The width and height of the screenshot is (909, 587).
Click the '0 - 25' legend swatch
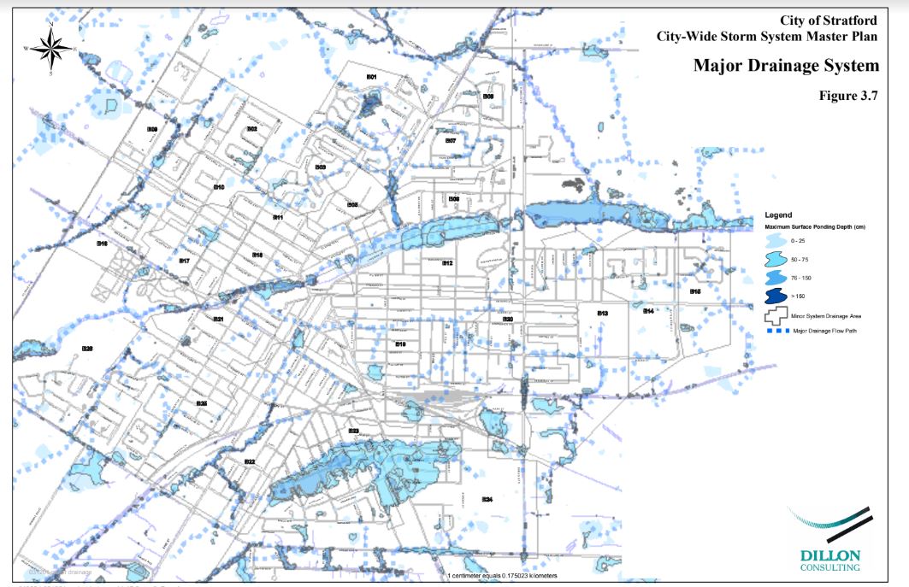[778, 242]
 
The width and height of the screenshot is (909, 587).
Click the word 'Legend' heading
[781, 214]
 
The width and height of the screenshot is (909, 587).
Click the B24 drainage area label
[487, 498]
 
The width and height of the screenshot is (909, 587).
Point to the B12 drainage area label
[447, 263]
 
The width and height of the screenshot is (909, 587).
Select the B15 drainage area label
[695, 291]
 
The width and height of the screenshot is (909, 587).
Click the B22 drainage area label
[250, 462]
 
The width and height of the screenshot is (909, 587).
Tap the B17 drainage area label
[183, 261]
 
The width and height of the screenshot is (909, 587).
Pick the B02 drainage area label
[252, 129]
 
